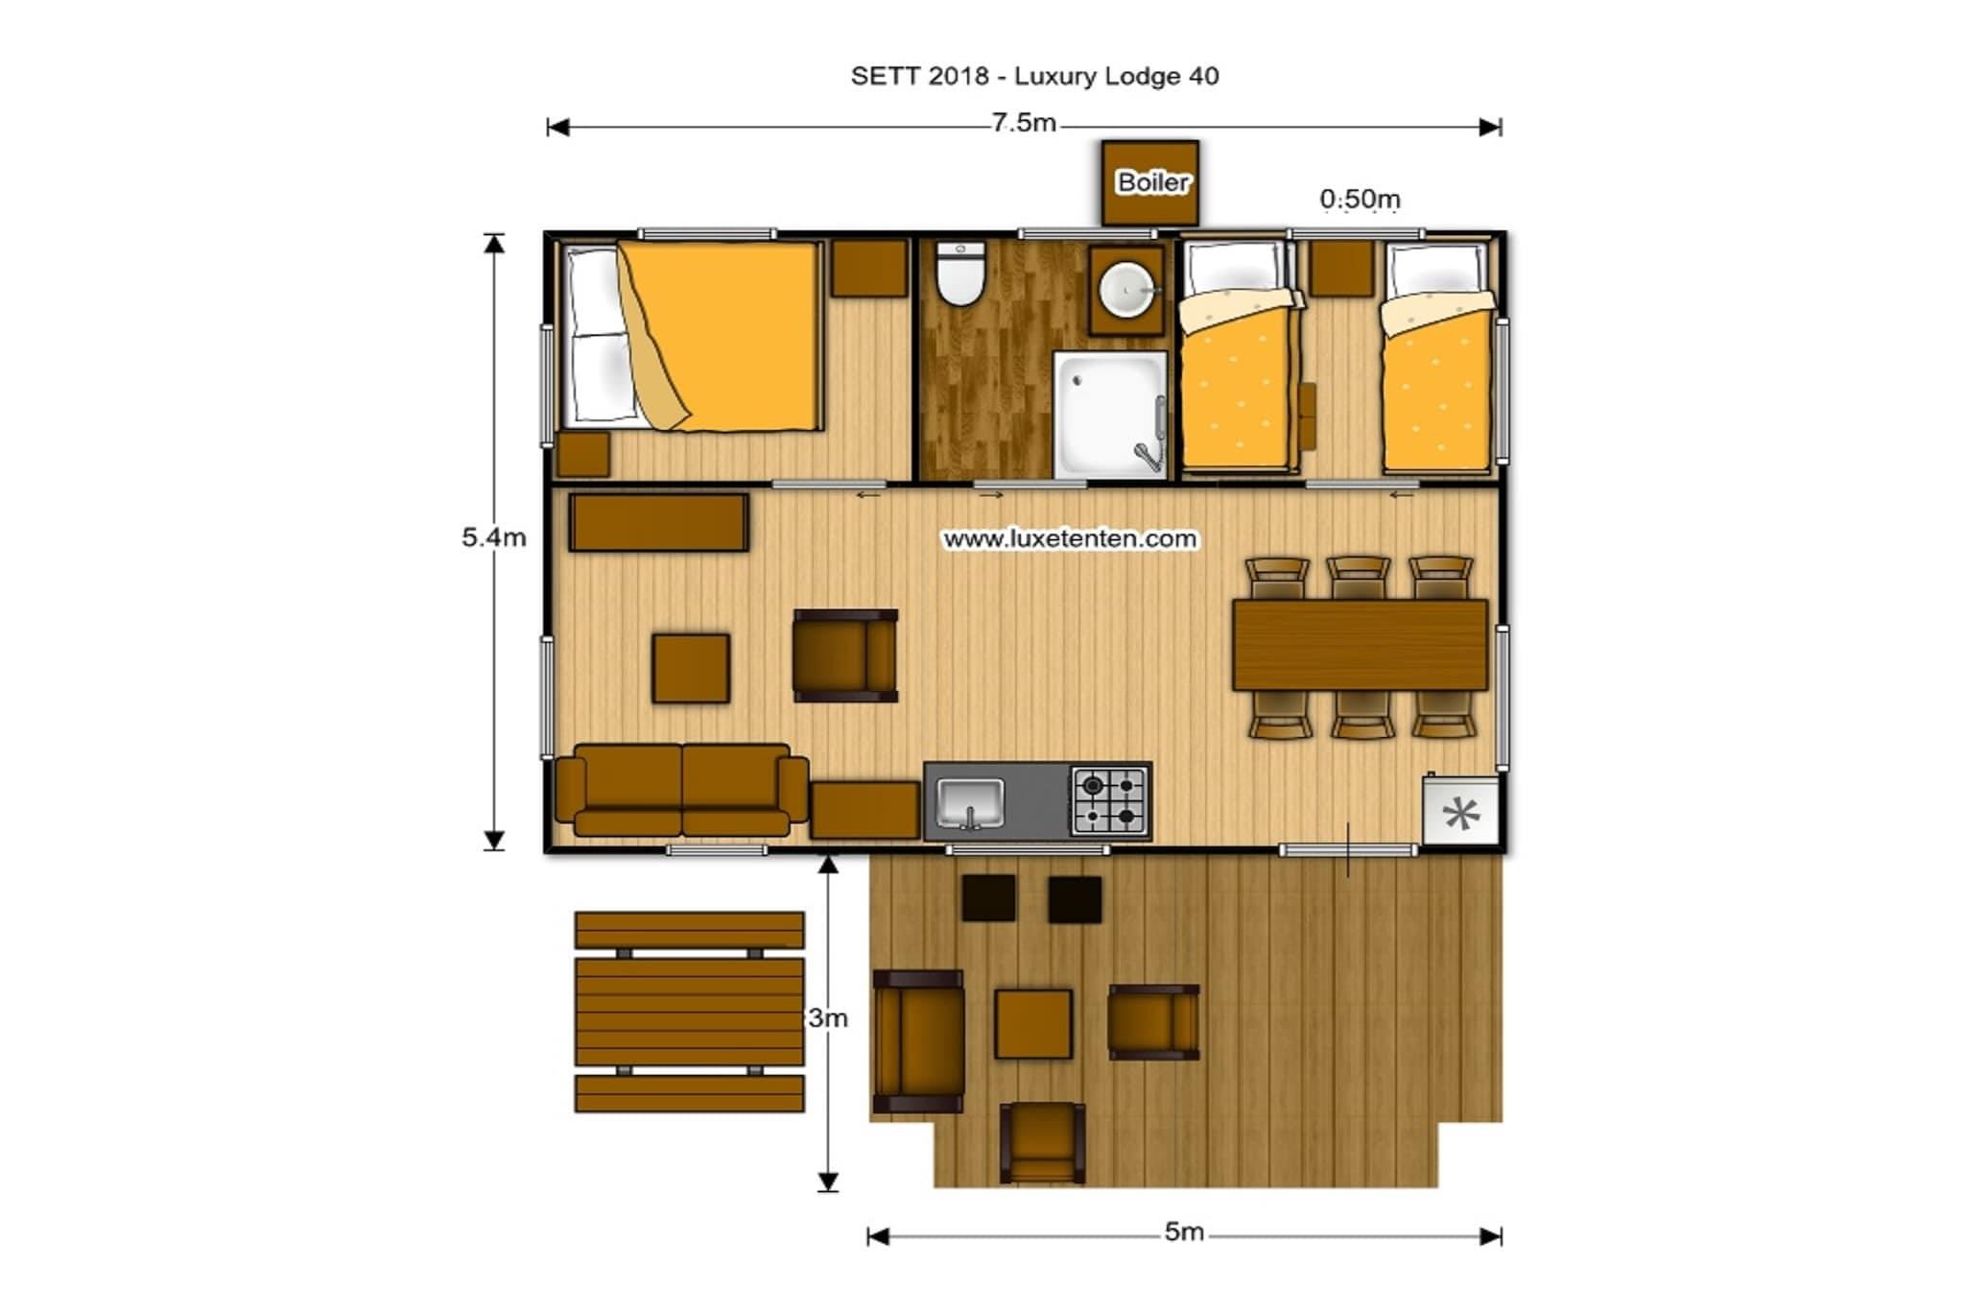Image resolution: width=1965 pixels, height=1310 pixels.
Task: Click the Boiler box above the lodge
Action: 1150,182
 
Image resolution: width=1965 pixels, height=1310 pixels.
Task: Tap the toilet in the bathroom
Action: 959,274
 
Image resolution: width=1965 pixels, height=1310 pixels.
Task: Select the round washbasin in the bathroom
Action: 1126,289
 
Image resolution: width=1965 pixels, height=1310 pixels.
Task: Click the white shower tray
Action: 1111,415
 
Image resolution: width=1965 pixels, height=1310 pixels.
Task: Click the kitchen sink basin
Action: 971,802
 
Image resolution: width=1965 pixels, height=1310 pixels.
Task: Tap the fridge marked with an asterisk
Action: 1460,811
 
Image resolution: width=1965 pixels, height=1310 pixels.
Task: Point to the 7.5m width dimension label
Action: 1024,124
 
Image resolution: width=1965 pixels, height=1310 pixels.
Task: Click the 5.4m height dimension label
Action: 494,537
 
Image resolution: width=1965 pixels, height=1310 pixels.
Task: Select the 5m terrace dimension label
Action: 1184,1231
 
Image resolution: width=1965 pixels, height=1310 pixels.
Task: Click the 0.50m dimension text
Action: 1360,200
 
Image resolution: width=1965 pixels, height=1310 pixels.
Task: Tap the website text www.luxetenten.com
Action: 1070,538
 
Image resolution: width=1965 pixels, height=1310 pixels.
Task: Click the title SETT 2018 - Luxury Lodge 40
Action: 1034,77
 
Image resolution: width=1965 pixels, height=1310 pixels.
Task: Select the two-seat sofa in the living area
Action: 682,790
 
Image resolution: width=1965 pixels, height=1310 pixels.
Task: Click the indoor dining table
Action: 1360,645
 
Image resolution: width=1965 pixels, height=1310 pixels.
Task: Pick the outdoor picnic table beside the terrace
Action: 689,1012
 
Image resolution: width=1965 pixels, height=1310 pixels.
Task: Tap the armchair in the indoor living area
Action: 845,655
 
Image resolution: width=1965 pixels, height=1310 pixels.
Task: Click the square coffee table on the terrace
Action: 1033,1024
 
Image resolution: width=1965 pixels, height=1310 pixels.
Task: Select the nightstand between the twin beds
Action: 1341,268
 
